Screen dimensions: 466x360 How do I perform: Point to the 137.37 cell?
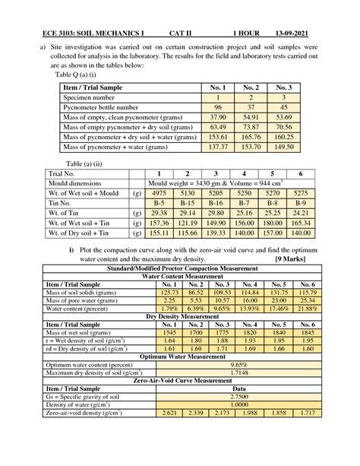pyautogui.click(x=218, y=146)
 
